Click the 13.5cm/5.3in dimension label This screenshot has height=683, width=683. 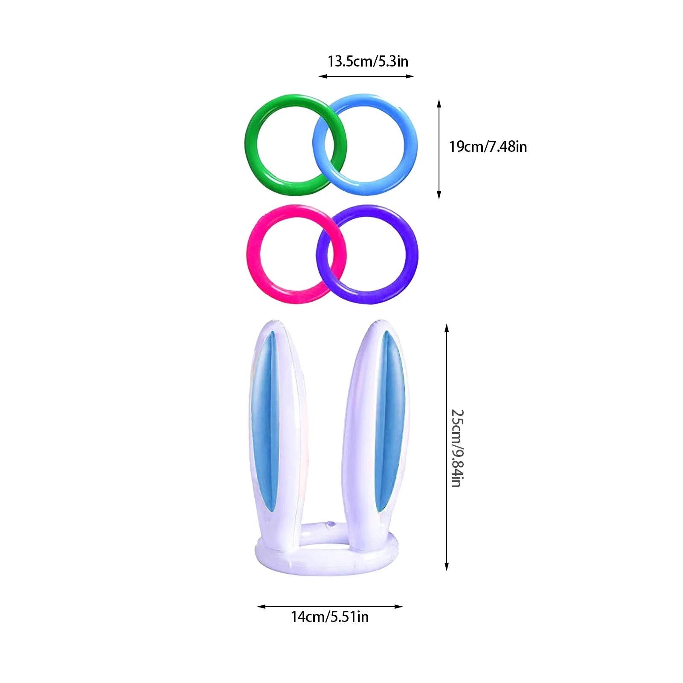[x=368, y=61]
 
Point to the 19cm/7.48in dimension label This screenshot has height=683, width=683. [x=488, y=147]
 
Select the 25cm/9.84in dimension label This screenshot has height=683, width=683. [x=458, y=448]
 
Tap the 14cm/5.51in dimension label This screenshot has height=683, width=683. [x=330, y=617]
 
